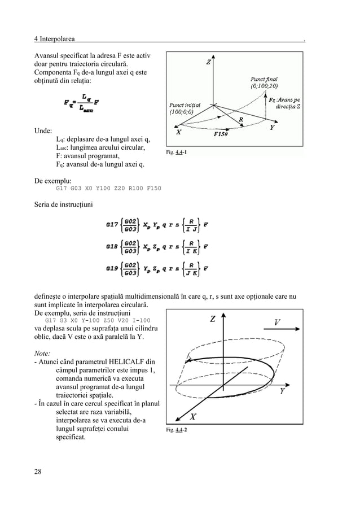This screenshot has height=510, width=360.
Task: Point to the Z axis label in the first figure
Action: coord(209,63)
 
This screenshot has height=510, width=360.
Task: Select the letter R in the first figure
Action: coord(241,120)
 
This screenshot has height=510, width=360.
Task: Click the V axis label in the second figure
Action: coord(277,322)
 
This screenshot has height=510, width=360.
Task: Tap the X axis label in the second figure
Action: coord(192,417)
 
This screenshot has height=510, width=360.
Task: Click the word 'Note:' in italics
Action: coord(42,350)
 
